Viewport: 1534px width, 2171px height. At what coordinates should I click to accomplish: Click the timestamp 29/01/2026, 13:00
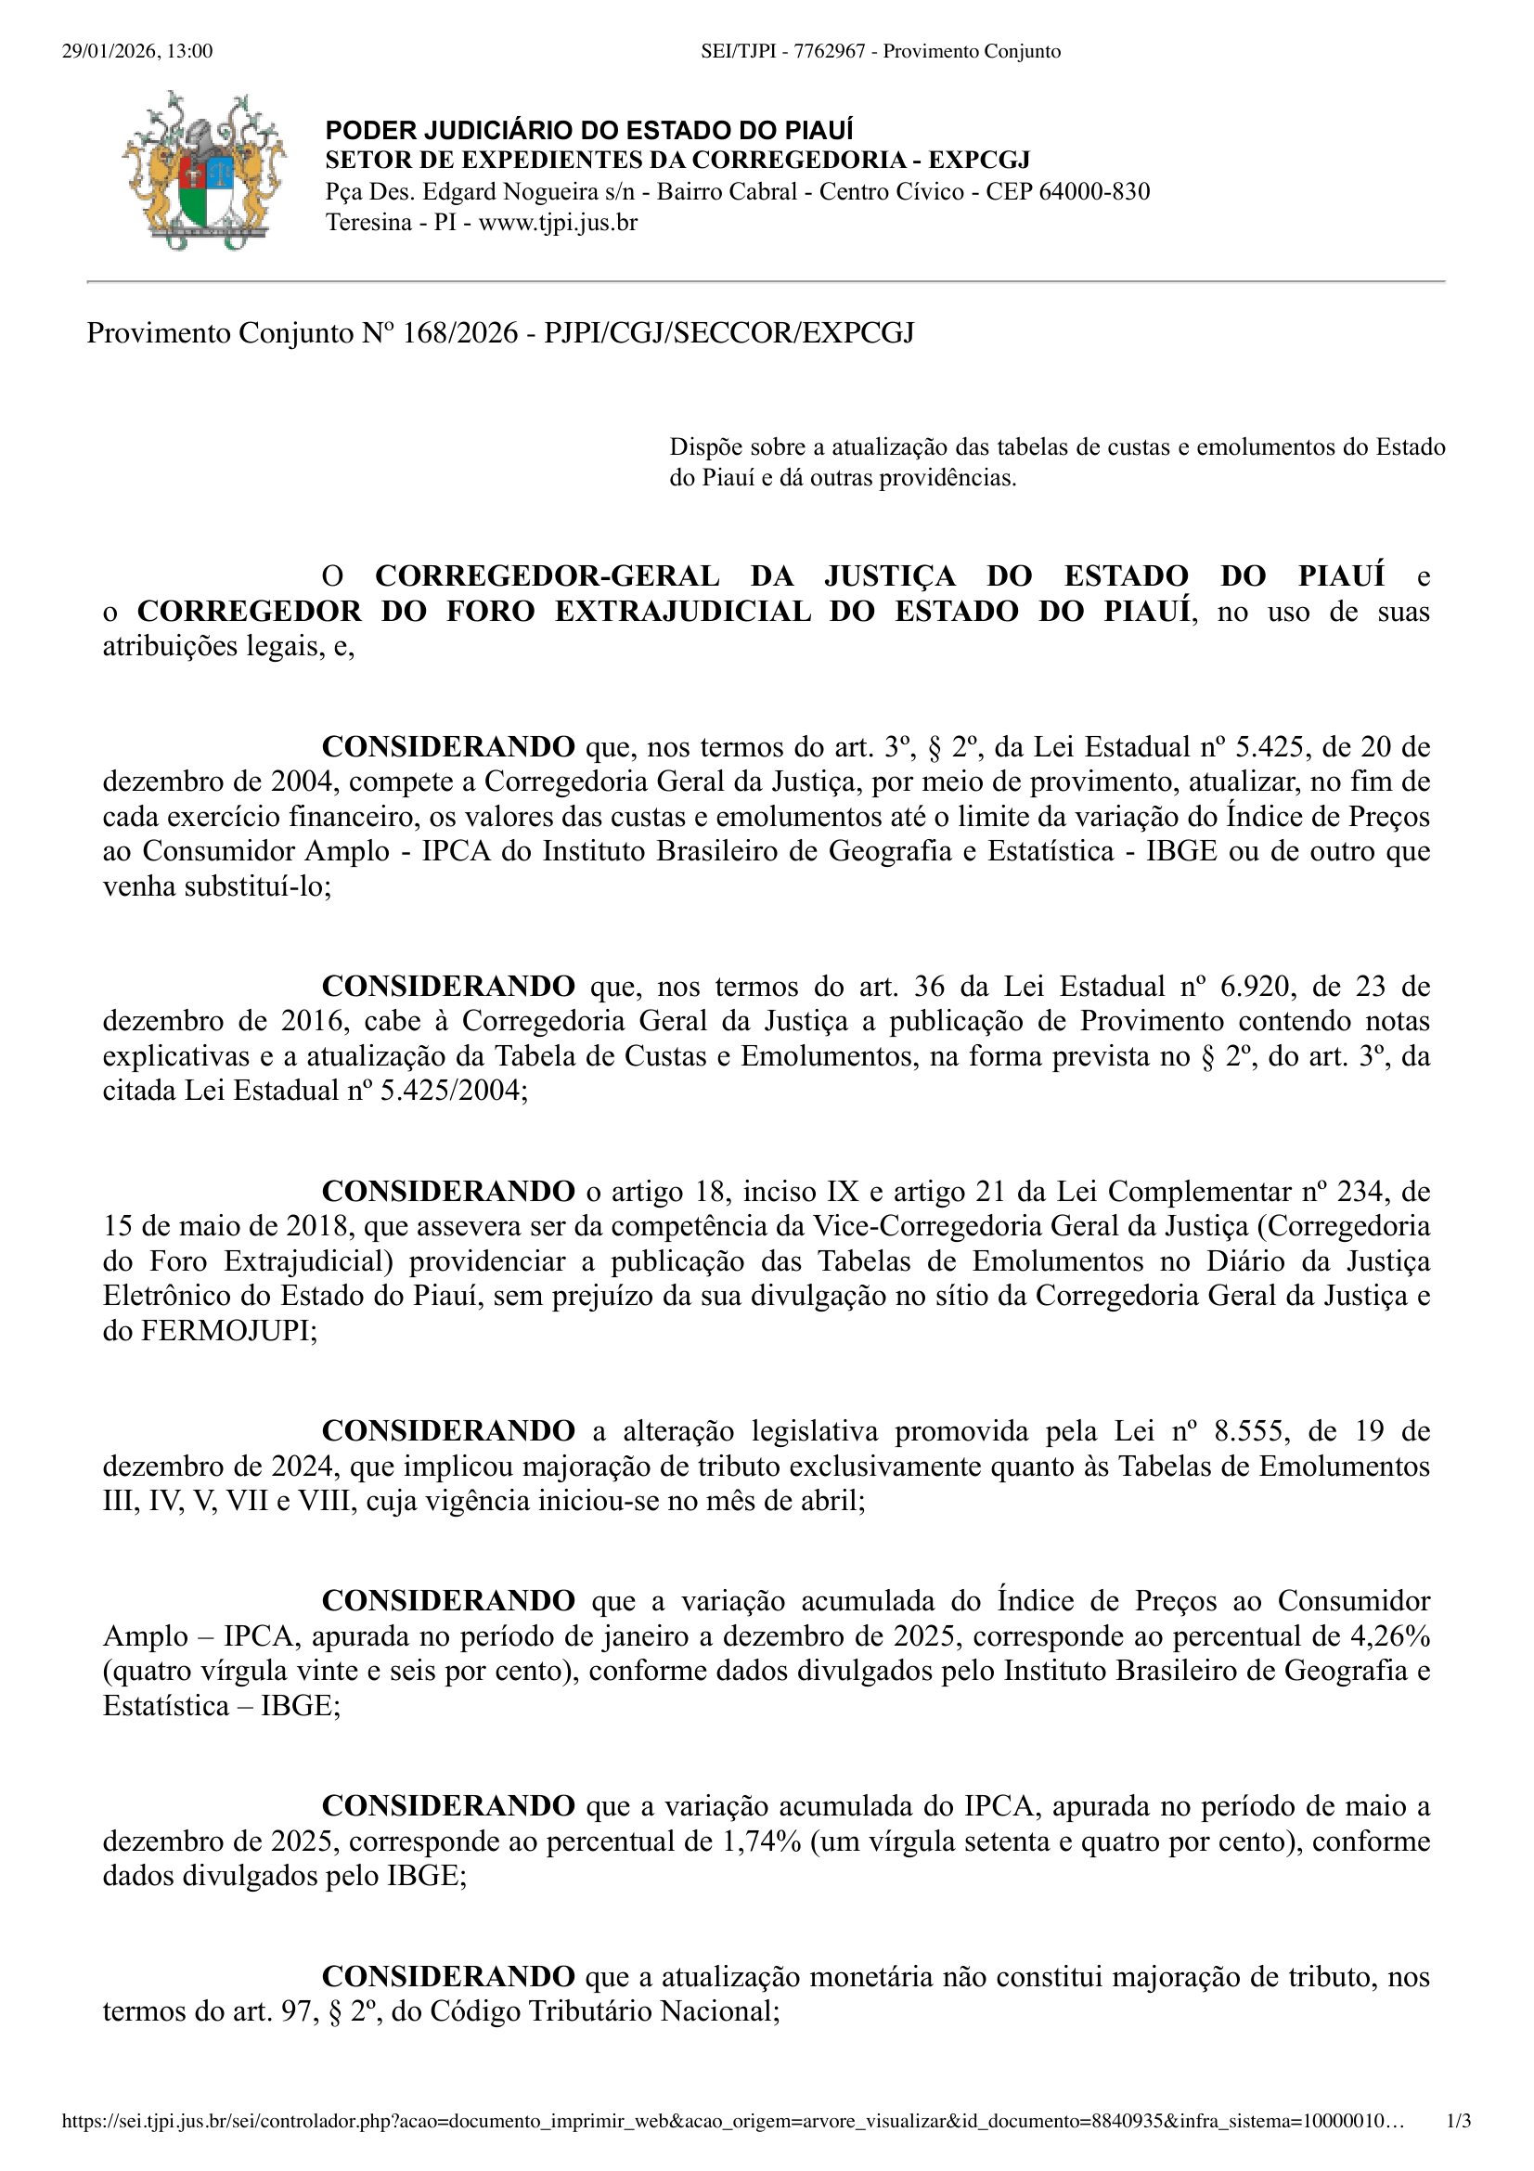137,51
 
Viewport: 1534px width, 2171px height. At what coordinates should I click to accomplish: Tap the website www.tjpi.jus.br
558,223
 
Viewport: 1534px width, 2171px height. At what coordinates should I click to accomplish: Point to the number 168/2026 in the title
460,333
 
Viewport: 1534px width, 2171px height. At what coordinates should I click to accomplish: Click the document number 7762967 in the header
829,51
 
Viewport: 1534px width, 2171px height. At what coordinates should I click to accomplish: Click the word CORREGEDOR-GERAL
548,575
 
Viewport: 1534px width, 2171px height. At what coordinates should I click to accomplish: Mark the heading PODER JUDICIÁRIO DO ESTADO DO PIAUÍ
589,131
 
